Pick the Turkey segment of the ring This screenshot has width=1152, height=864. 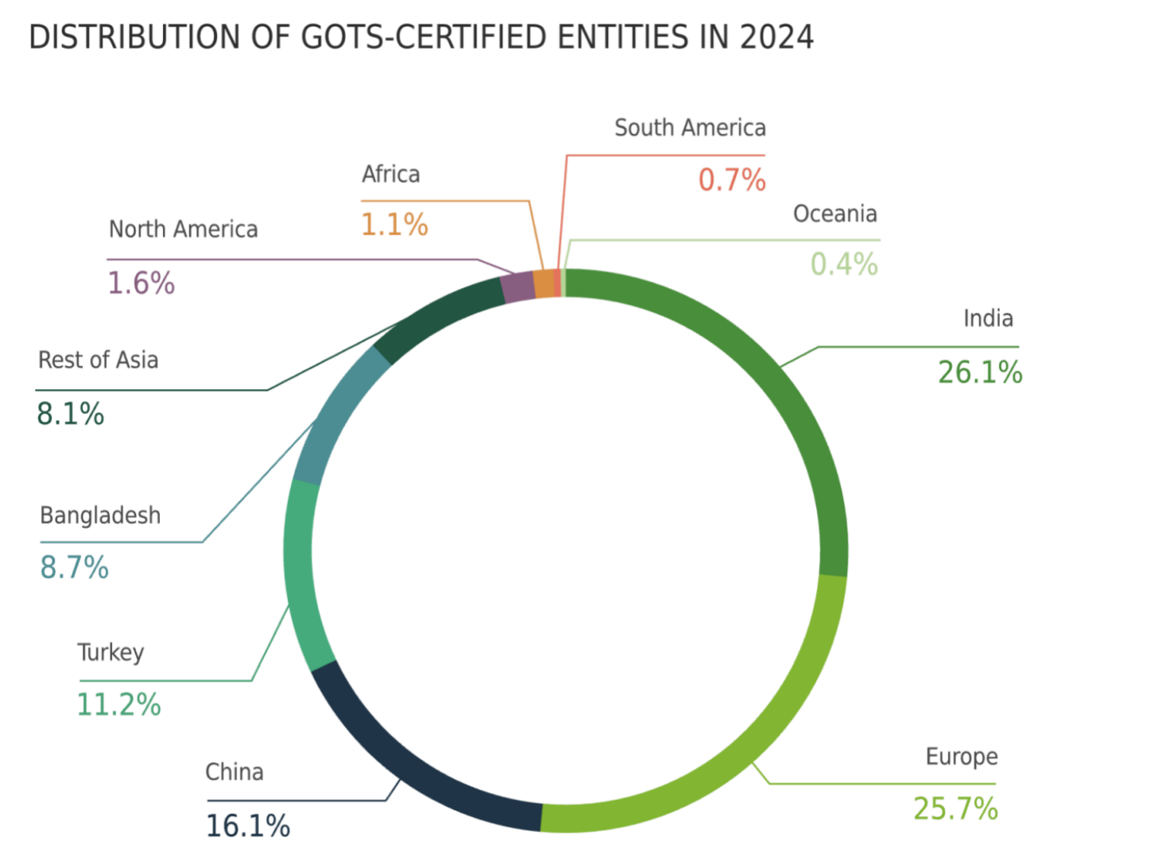point(301,571)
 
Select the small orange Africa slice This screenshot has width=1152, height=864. point(544,283)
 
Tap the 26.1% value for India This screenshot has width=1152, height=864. point(980,373)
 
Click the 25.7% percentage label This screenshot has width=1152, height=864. point(955,808)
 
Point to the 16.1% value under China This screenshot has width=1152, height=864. point(248,826)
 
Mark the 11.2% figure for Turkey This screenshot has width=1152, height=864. point(119,705)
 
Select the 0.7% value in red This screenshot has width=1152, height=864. point(731,181)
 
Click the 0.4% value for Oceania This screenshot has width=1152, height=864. point(844,264)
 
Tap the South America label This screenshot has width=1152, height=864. point(690,128)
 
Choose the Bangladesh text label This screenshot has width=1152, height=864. point(101,516)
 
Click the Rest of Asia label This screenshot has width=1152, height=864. point(98,360)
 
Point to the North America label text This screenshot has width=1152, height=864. point(184,229)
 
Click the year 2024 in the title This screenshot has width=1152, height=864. point(776,37)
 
